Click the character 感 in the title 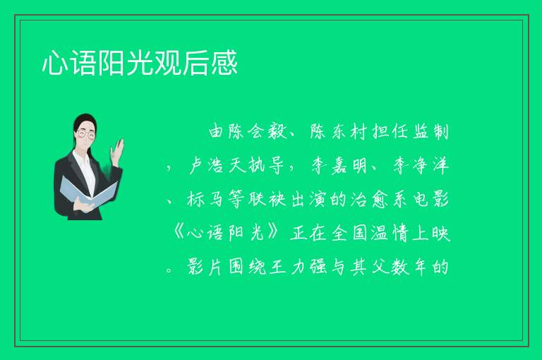(224, 63)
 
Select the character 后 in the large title (196, 63)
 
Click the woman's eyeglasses (85, 134)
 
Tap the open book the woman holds (88, 193)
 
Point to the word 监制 (430, 132)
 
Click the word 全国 (349, 233)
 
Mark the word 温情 (390, 233)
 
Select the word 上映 (430, 233)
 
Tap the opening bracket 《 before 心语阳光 (179, 233)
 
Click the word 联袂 (267, 199)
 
